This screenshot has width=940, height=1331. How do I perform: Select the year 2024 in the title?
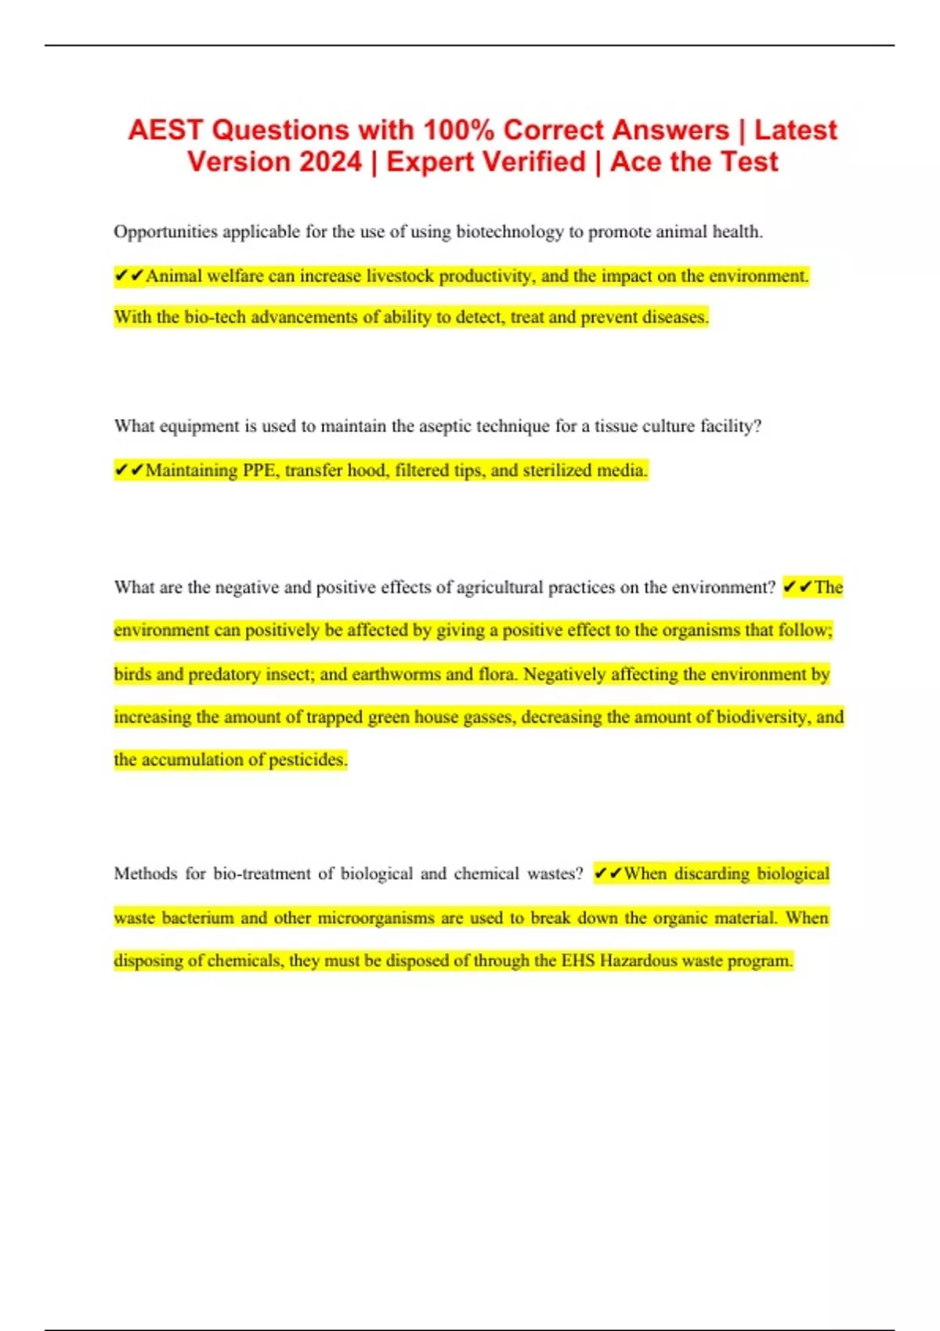coord(331,162)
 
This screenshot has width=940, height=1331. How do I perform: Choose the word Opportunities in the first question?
coord(165,232)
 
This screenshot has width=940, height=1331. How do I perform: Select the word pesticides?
coord(308,759)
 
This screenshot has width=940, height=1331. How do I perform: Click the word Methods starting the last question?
coord(146,874)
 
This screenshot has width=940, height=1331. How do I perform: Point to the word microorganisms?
coord(376,918)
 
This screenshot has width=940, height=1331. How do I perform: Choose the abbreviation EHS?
coord(578,961)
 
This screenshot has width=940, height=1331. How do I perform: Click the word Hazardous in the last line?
coord(637,961)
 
